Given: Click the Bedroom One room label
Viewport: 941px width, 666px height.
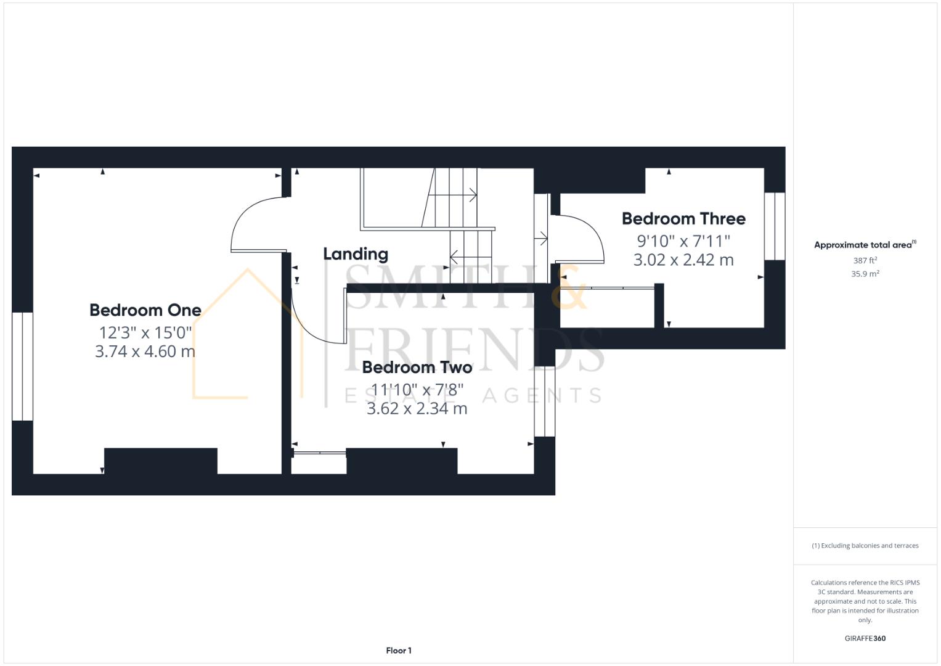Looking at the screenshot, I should click(145, 310).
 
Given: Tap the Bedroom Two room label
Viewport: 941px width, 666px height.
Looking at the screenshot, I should click(417, 368).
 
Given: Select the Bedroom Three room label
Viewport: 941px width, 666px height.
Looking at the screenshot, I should click(683, 219).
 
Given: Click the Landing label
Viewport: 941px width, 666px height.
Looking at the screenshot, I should click(356, 254).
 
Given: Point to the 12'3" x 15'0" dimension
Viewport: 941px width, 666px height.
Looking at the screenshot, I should click(145, 333).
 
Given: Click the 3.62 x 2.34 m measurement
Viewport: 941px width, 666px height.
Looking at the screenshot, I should click(417, 409).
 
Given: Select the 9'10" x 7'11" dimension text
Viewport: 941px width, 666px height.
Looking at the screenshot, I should click(683, 240).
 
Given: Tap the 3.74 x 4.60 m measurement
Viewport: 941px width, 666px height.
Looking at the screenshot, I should click(145, 351).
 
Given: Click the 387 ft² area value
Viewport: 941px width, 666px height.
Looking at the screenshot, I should click(865, 261).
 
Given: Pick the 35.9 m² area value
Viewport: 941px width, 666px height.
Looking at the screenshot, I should click(865, 274).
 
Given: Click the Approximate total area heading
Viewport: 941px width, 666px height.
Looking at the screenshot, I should click(865, 245).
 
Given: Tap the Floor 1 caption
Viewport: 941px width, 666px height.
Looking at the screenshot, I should click(399, 651).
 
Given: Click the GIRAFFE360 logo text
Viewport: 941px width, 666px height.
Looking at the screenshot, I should click(865, 638).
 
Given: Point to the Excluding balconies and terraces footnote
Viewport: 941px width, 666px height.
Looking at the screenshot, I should click(865, 546).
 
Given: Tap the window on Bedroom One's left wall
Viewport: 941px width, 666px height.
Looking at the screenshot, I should click(22, 366).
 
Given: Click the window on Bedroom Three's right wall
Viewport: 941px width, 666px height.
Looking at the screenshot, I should click(775, 226).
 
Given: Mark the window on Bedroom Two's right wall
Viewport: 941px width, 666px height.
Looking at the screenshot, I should click(544, 401).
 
